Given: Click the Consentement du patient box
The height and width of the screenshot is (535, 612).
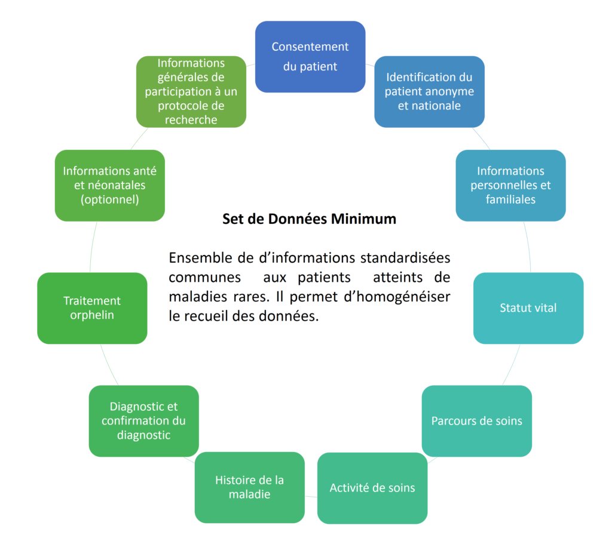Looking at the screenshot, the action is [x=310, y=57].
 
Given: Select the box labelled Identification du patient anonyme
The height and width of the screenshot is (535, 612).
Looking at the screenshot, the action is [x=429, y=91].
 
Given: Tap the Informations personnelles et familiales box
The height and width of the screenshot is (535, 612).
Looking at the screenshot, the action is [x=510, y=186].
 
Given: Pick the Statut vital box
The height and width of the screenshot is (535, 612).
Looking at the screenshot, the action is [x=528, y=308].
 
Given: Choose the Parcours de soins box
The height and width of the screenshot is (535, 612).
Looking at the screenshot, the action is [x=476, y=421].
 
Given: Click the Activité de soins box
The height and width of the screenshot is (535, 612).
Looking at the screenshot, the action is [x=372, y=488].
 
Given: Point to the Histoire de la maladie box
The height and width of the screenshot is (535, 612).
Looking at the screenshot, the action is [x=250, y=487].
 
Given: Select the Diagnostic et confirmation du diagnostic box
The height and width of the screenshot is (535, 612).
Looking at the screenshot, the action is [x=143, y=421].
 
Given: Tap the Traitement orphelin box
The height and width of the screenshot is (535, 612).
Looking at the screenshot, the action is [x=92, y=308].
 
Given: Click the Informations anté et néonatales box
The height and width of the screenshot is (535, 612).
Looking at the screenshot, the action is [x=110, y=186].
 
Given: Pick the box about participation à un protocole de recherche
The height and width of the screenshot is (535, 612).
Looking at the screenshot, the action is [x=191, y=91].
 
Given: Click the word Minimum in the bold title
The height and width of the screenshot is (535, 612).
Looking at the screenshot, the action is [x=363, y=219].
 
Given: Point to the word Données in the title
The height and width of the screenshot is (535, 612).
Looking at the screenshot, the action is [x=298, y=219].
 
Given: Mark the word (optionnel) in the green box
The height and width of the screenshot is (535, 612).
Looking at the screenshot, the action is [x=110, y=199].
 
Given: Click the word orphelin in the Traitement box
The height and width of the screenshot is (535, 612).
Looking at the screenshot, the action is [x=92, y=315].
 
